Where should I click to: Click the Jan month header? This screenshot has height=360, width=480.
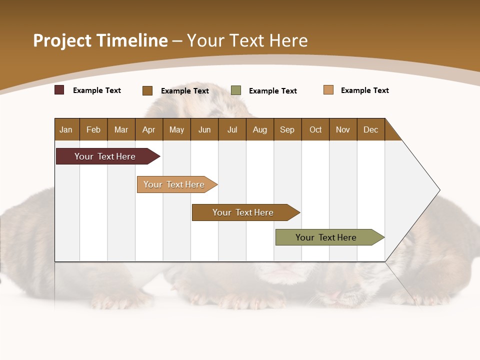pyautogui.click(x=66, y=129)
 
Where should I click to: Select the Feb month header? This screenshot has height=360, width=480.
pyautogui.click(x=93, y=129)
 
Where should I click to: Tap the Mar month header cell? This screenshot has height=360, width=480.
pyautogui.click(x=121, y=129)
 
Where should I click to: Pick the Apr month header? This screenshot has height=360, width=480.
pyautogui.click(x=149, y=129)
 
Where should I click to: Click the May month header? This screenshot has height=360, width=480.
pyautogui.click(x=176, y=129)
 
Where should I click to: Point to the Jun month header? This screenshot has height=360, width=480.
pyautogui.click(x=204, y=129)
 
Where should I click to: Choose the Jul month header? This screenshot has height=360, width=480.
pyautogui.click(x=232, y=129)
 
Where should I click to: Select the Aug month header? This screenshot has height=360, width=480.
pyautogui.click(x=260, y=129)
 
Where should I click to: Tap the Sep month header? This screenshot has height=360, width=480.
pyautogui.click(x=287, y=129)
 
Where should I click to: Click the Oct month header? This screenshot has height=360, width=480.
pyautogui.click(x=315, y=129)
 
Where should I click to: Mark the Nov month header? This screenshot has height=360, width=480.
pyautogui.click(x=343, y=129)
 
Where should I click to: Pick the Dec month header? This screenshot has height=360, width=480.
pyautogui.click(x=371, y=129)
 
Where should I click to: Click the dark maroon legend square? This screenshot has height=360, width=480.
pyautogui.click(x=59, y=90)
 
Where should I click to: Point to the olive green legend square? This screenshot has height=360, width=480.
pyautogui.click(x=236, y=90)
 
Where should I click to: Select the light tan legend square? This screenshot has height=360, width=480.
pyautogui.click(x=328, y=90)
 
